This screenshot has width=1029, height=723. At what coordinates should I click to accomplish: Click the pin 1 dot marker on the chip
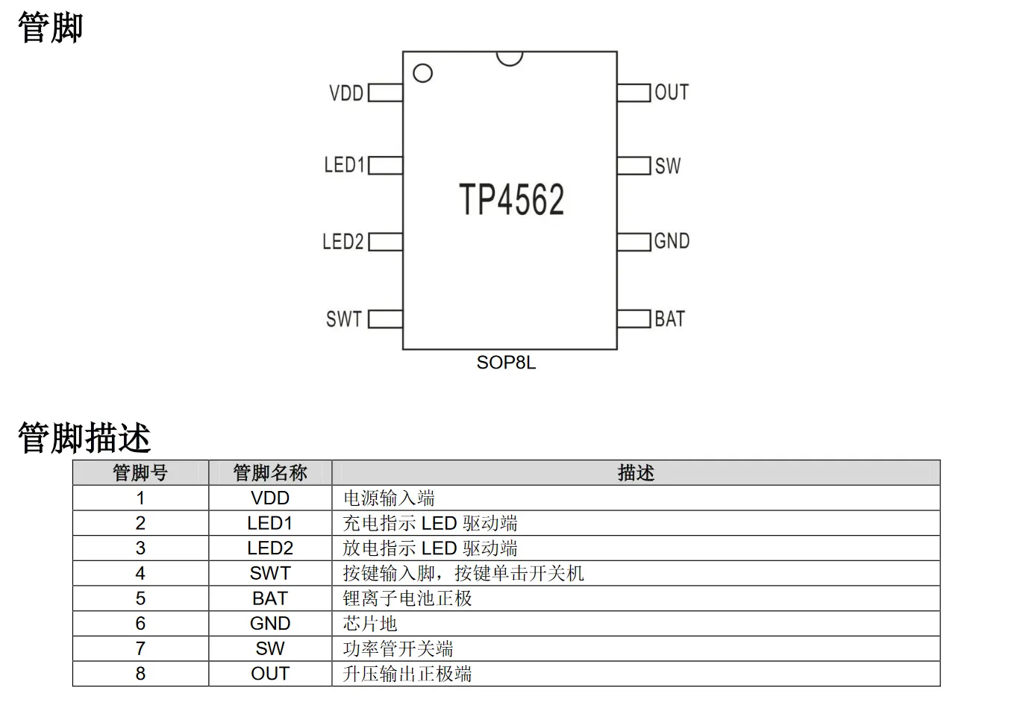point(422,73)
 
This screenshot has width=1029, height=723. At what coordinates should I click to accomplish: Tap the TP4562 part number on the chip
point(511,199)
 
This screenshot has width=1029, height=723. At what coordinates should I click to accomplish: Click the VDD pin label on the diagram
point(346,93)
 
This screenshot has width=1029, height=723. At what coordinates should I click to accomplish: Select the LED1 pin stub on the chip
point(385,165)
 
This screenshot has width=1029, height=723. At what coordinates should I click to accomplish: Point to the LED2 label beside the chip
point(343,242)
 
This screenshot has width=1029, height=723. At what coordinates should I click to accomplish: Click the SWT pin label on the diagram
point(344,319)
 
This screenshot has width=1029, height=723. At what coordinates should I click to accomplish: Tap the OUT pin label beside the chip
point(672,93)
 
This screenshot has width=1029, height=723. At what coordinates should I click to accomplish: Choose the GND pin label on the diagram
point(672,242)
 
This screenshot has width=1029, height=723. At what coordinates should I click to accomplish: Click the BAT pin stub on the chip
point(634,319)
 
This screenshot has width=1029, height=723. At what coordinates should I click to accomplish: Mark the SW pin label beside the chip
point(668,166)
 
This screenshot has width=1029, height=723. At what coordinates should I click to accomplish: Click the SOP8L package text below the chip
point(506,363)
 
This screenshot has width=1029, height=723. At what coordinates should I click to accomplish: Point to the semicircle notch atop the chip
point(510,57)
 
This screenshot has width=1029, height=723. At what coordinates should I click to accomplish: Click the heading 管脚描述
point(84,437)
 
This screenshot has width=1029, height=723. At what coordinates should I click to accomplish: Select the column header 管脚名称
point(270,473)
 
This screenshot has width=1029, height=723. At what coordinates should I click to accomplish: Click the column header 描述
point(636,473)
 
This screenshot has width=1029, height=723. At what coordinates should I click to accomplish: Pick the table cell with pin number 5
point(140,598)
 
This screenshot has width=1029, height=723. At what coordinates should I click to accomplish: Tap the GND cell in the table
point(270,624)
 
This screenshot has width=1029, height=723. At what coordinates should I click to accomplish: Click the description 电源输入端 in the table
point(389,498)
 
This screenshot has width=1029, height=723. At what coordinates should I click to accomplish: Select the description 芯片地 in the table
point(370,624)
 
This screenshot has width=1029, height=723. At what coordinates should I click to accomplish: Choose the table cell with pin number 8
point(140,674)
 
